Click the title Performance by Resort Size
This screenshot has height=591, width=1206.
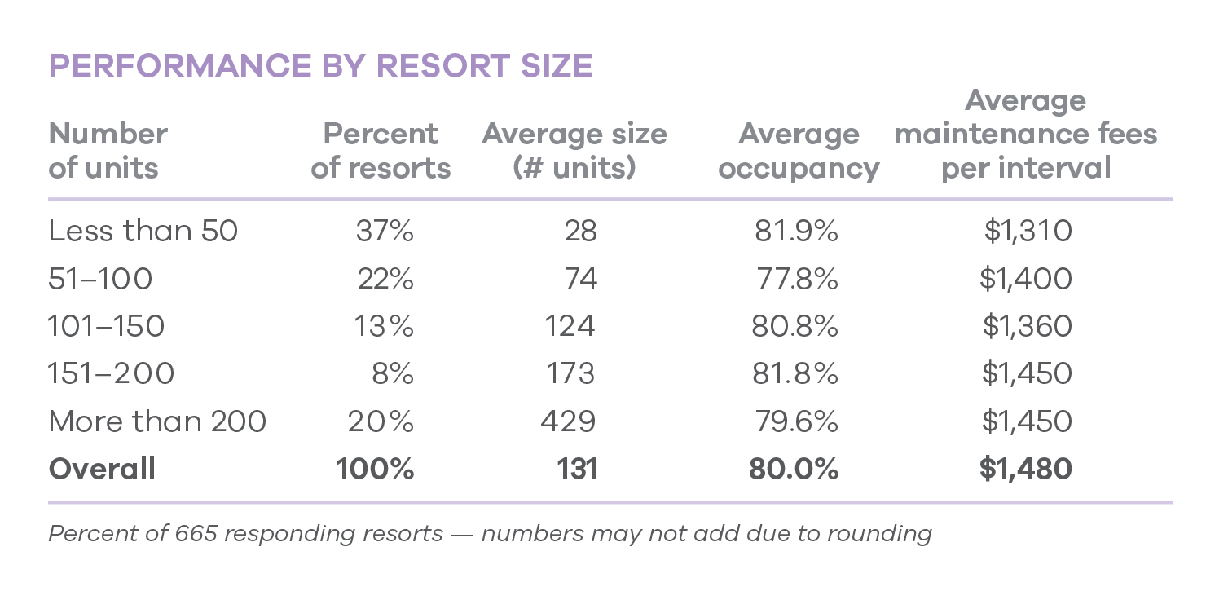pos(320,66)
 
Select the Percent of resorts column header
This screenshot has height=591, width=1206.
pos(381,151)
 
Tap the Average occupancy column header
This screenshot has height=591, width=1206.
pos(799,151)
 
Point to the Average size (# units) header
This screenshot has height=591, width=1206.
pos(574,151)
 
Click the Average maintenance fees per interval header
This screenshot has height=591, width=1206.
pos(1026,135)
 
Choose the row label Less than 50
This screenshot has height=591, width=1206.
pos(143,232)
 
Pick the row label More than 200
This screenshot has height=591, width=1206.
pos(157,421)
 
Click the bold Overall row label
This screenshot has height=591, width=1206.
pos(102,469)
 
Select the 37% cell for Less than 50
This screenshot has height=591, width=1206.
pos(385,232)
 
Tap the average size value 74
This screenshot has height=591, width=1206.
pos(580,279)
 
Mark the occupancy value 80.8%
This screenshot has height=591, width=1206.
pos(794,326)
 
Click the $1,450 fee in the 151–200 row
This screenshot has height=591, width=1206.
pos(1027,373)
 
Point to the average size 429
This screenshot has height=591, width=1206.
pos(568,421)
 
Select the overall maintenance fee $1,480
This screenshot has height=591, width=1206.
pos(1026,469)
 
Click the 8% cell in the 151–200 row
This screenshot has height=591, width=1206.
pos(393,373)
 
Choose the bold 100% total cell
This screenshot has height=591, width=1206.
pos(375,469)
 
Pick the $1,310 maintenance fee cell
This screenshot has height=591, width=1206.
pos(1028,232)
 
